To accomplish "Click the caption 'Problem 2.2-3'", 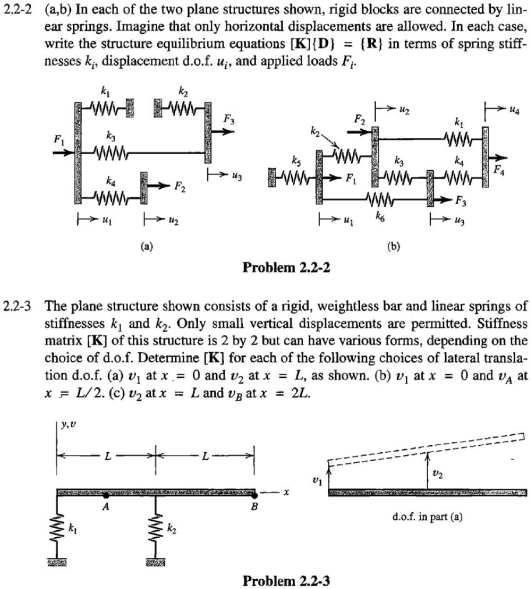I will pos(285,580).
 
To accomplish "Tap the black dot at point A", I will pos(105,495).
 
